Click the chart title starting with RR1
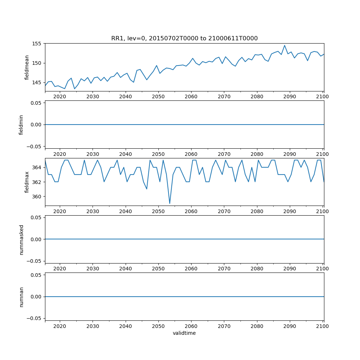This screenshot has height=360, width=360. (184, 39)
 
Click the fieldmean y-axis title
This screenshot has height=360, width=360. (27, 67)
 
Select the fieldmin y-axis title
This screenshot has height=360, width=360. (21, 125)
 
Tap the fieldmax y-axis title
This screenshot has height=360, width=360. (27, 182)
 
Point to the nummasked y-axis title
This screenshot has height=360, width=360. (21, 239)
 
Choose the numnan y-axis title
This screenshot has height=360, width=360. (21, 297)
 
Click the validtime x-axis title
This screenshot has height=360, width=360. (184, 333)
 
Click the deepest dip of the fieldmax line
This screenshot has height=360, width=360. (170, 203)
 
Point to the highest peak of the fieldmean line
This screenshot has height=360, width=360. (284, 45)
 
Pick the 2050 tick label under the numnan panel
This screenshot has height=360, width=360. (158, 326)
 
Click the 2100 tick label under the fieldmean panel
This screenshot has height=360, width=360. (323, 96)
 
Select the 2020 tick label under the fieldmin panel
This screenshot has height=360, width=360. (60, 154)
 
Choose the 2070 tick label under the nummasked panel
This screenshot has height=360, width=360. (224, 269)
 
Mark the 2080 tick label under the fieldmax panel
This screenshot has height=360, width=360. (257, 211)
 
